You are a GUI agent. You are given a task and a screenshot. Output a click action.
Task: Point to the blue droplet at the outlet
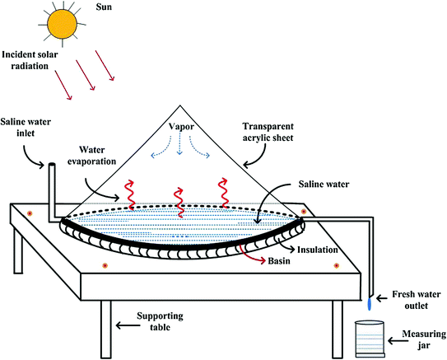pos(370,304)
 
